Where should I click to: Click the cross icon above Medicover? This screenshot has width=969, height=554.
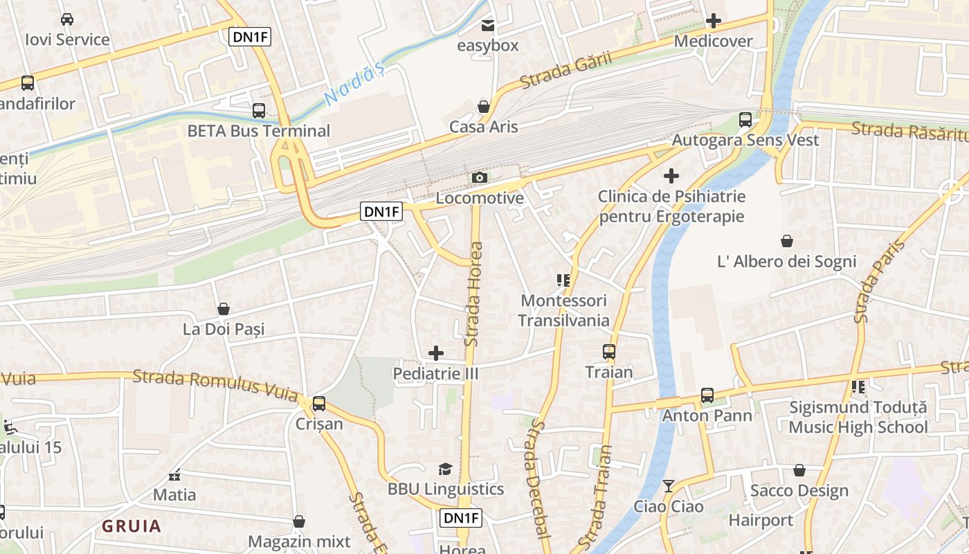coord(713,21)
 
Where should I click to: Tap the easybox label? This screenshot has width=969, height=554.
coord(488,46)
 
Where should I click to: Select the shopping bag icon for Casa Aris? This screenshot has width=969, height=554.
coord(483,107)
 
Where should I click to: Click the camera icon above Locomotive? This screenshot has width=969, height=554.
coord(479,178)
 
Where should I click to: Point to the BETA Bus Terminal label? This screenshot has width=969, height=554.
coord(259,131)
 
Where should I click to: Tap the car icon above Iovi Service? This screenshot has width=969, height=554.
coord(67,19)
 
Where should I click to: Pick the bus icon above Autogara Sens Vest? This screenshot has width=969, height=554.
coord(745,119)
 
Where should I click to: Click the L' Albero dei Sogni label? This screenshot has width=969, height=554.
coord(787,262)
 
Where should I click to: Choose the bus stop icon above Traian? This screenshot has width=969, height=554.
coord(609,352)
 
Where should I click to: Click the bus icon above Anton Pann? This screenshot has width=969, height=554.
coord(707,395)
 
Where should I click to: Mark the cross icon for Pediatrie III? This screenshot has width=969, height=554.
coord(436,353)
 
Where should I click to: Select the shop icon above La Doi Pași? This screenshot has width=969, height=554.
coord(224,309)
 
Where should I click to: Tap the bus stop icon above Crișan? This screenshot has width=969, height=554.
coord(319,404)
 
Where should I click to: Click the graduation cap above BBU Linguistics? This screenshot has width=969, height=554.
coord(445,470)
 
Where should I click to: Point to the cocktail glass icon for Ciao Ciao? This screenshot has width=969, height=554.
coord(669,486)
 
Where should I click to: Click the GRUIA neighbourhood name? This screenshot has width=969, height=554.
coord(132,526)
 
